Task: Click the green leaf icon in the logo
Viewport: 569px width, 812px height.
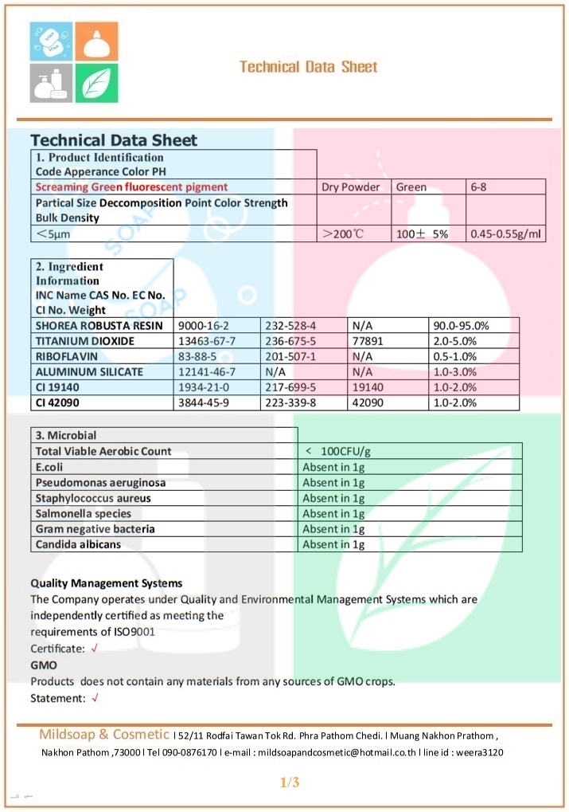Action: (96, 82)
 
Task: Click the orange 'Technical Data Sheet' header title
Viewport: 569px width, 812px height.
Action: (309, 67)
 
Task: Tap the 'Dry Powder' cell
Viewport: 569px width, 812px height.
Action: (350, 187)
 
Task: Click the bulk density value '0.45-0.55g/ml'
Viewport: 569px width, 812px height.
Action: (505, 234)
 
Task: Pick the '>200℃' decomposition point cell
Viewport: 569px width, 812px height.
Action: (343, 234)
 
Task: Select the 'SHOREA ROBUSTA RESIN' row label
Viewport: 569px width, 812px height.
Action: (99, 325)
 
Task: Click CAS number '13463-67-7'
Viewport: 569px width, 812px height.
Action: (208, 341)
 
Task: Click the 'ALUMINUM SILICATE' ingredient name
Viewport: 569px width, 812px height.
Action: (89, 372)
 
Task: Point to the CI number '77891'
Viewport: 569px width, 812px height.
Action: (367, 341)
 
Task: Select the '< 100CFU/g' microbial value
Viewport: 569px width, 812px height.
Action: (338, 451)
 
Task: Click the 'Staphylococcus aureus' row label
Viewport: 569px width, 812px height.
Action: (93, 498)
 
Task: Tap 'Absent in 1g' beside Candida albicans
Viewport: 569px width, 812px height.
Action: (333, 544)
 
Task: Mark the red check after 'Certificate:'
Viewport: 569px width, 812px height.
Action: (95, 649)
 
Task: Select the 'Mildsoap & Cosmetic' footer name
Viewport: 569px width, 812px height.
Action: (104, 734)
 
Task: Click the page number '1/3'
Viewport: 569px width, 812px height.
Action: (290, 783)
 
